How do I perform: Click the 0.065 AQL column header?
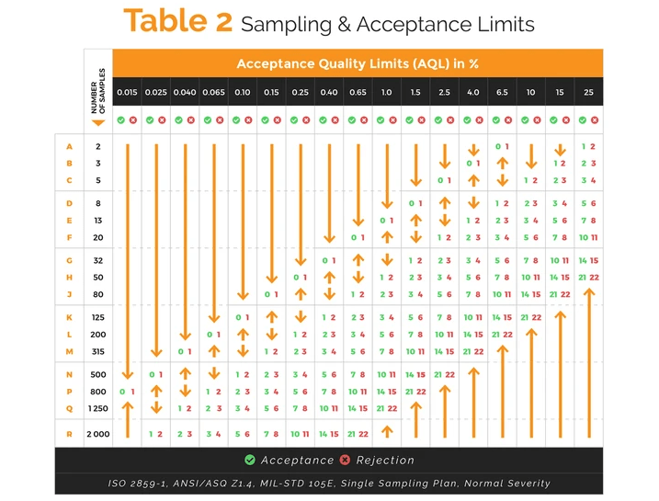click(213, 93)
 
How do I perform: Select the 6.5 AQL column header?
click(501, 93)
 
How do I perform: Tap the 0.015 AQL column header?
click(128, 93)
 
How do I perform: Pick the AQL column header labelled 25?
click(587, 93)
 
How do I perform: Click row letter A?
click(70, 147)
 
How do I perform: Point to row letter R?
click(70, 434)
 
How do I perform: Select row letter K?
click(70, 318)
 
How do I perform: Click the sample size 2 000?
click(98, 434)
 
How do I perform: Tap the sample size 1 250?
click(98, 408)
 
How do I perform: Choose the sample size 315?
click(98, 352)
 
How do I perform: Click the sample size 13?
click(98, 221)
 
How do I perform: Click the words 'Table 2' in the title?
click(178, 22)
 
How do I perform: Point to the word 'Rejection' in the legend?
click(385, 461)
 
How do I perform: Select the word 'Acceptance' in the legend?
click(298, 461)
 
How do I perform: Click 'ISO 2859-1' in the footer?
click(137, 484)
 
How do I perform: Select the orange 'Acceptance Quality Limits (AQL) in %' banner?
click(357, 63)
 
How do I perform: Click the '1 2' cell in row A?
click(587, 147)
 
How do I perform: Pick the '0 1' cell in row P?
click(128, 392)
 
